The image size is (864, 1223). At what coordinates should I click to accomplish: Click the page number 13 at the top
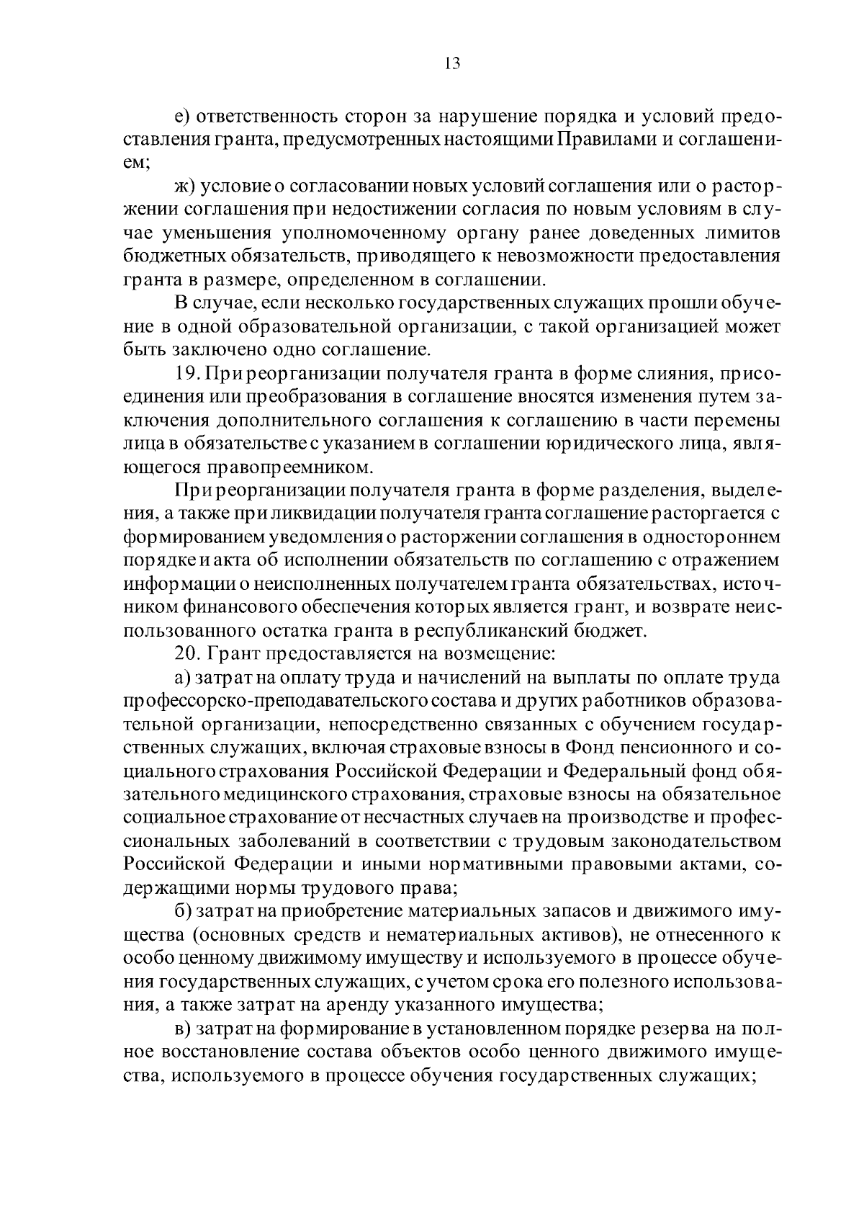(452, 63)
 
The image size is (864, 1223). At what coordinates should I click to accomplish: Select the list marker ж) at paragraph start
(186, 187)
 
